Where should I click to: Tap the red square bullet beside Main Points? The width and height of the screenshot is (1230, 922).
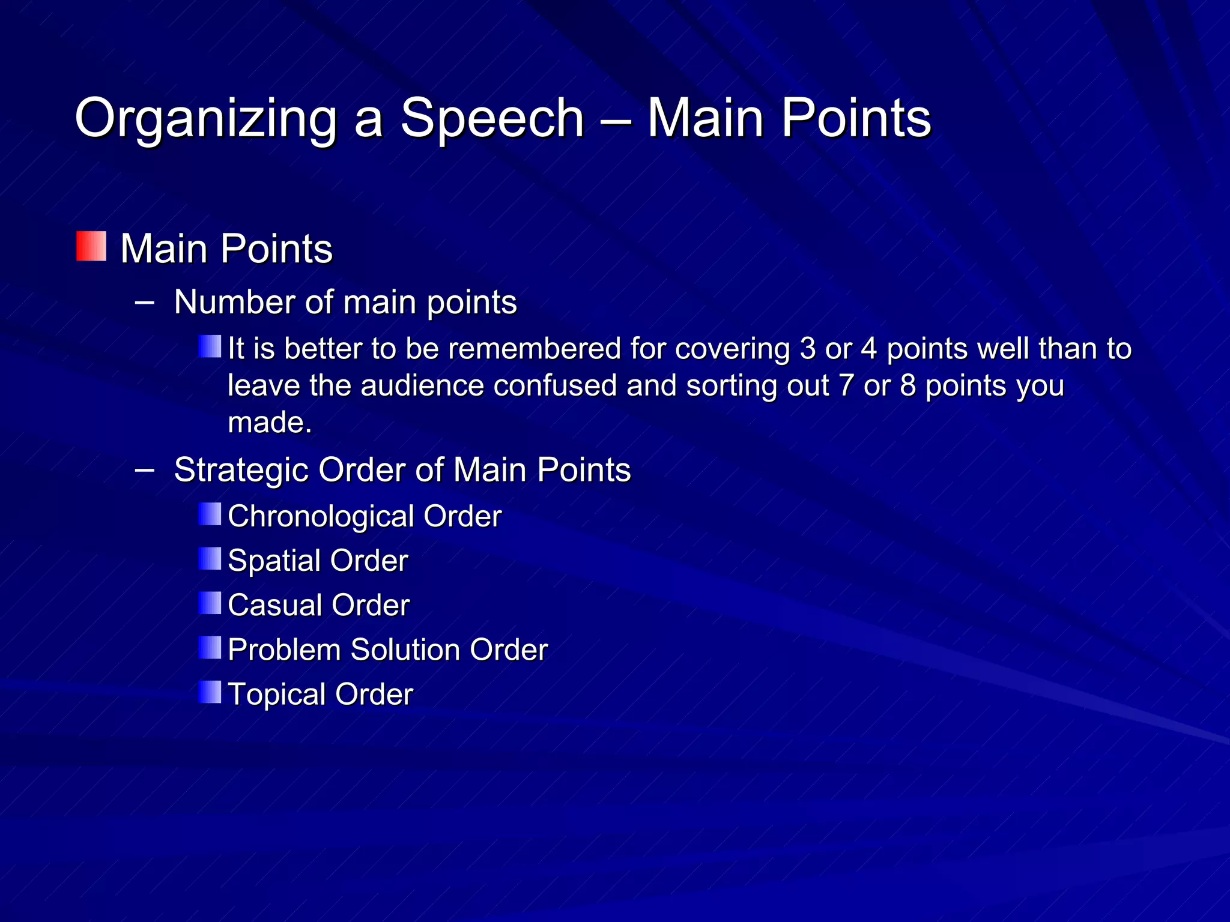91,247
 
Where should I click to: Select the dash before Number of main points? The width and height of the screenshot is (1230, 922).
144,301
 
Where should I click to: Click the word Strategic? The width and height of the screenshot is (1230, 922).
241,469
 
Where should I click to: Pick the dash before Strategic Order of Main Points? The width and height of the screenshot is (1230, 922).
144,469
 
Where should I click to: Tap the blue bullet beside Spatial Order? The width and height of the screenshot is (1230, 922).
210,559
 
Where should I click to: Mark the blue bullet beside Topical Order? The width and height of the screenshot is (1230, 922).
210,692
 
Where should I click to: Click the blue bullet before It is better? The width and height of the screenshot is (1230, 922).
210,346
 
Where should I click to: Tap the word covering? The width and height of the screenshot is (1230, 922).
732,349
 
